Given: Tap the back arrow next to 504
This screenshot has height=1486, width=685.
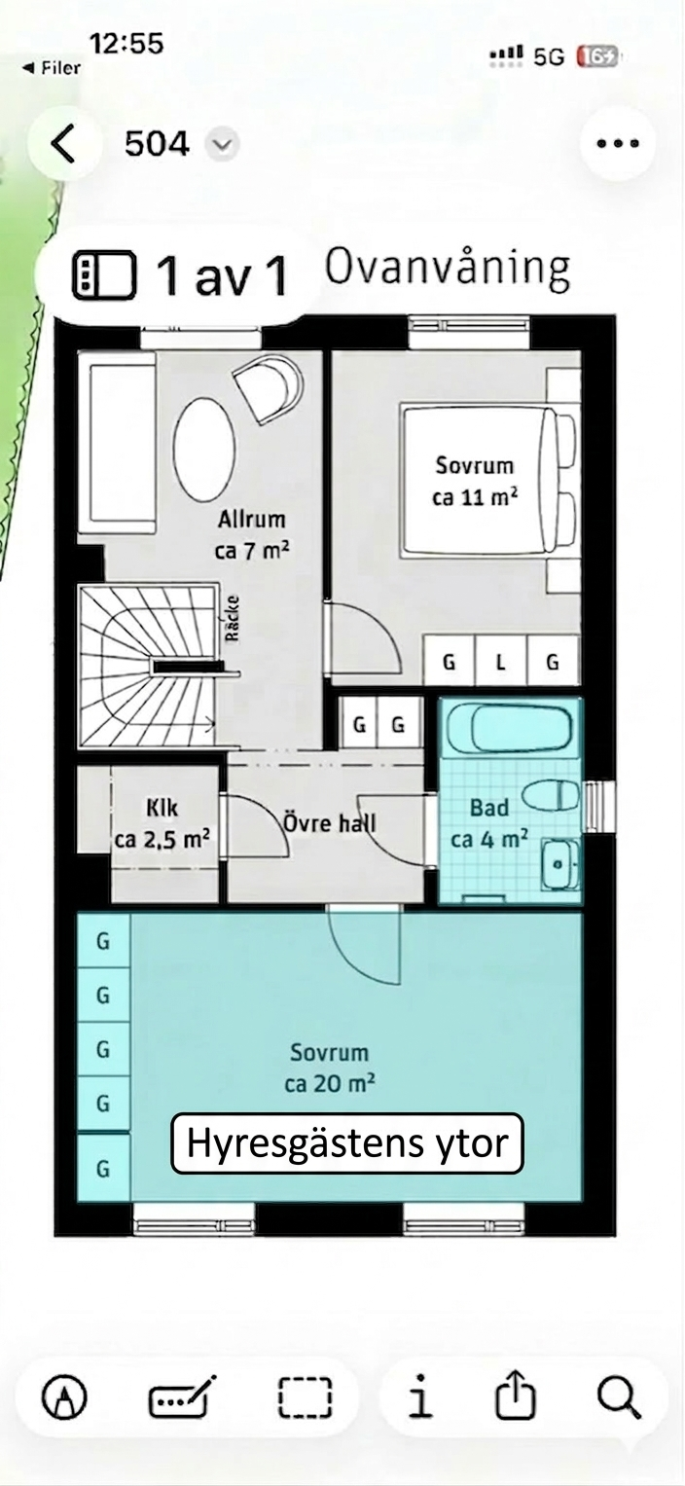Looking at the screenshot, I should (63, 144).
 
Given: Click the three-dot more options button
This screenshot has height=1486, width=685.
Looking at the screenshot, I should (617, 144).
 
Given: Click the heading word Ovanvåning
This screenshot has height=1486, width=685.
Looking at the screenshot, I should (447, 268).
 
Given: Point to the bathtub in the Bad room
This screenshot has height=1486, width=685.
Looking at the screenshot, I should (509, 729).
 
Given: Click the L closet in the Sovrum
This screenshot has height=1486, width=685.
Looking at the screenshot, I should (501, 663).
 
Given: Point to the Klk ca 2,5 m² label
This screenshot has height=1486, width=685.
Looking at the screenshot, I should (162, 824).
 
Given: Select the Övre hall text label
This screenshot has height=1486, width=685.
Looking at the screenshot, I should (329, 823).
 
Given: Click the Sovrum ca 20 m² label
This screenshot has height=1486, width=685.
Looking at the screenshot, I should (330, 1068).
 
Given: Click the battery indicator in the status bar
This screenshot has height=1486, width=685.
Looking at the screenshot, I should (596, 56).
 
